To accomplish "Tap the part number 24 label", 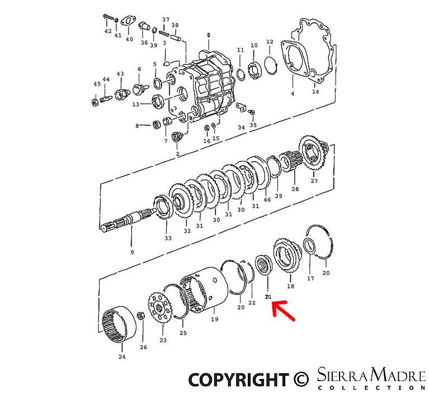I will [x=122, y=356].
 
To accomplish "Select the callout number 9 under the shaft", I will [x=132, y=253].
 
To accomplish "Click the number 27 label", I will [x=314, y=181].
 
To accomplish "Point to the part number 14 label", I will [x=315, y=91].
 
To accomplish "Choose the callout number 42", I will [x=108, y=31].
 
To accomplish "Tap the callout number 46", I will [x=267, y=200].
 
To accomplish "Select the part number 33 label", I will [x=168, y=238].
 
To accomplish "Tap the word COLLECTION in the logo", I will [x=371, y=387].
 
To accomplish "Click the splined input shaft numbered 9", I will [x=129, y=220].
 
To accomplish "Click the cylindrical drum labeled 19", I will [x=208, y=289].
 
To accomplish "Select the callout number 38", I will [x=175, y=25].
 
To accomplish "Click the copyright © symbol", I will [x=301, y=379].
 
